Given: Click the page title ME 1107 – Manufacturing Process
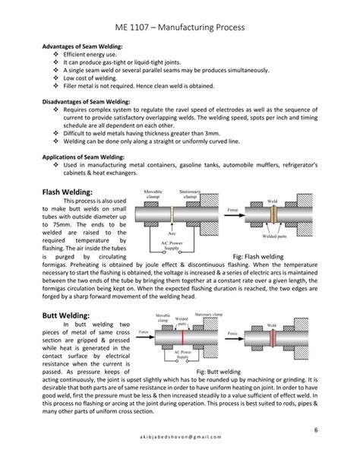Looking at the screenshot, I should pos(179,28).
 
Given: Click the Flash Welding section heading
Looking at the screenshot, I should pos(68,192).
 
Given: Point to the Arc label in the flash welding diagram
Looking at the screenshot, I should pos(173,233).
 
